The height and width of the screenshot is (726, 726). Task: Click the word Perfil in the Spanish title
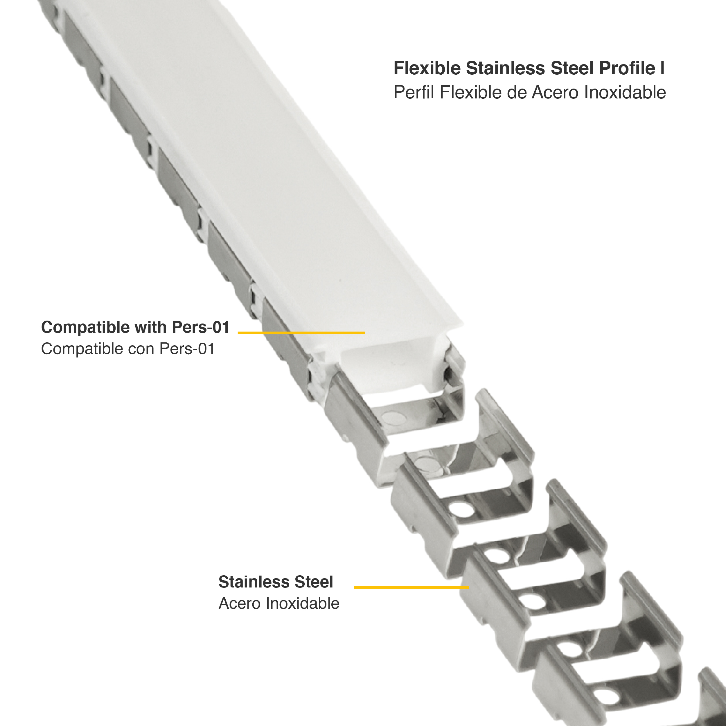pyautogui.click(x=414, y=92)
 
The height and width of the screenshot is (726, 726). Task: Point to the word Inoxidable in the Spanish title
pyautogui.click(x=625, y=92)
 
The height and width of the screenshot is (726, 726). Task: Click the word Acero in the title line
pyautogui.click(x=556, y=92)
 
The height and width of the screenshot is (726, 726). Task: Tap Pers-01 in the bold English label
pyautogui.click(x=200, y=327)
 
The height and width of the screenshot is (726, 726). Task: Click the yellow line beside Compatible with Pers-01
pyautogui.click(x=301, y=333)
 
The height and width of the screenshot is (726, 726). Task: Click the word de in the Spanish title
pyautogui.click(x=517, y=92)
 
